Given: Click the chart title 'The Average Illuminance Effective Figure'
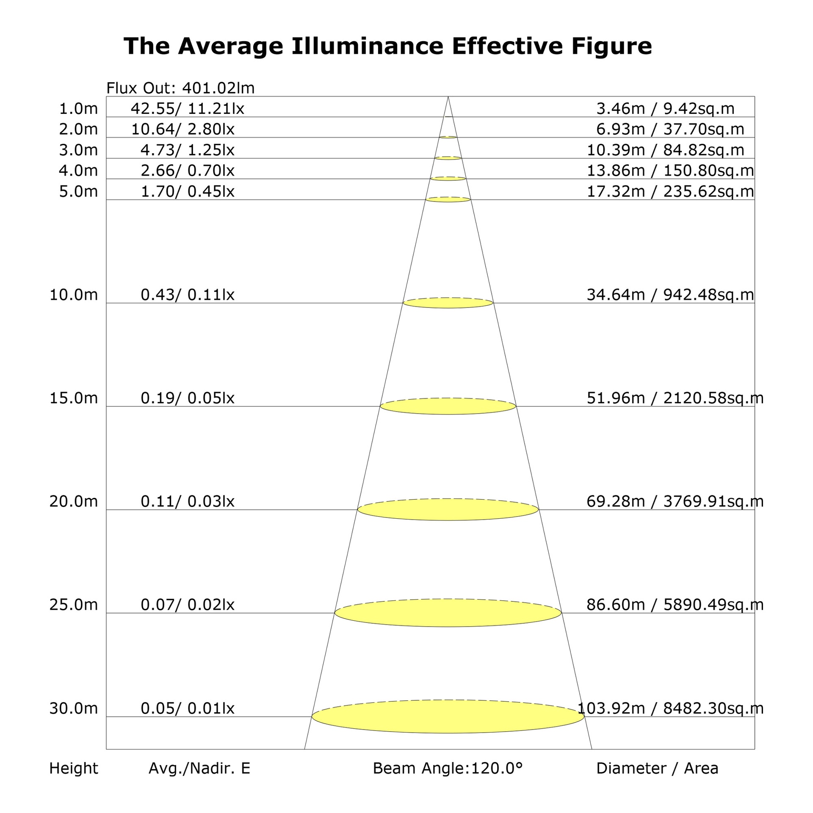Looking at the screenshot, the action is (387, 46).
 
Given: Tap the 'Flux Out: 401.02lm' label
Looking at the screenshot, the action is (180, 88).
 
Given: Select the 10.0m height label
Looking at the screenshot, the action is (74, 295).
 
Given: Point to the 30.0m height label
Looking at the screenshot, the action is (74, 708).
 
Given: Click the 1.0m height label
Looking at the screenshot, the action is (78, 109).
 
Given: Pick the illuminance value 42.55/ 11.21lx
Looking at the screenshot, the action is (188, 109).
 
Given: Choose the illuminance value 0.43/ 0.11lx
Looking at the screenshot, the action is (188, 295).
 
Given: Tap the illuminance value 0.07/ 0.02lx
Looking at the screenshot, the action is (188, 605).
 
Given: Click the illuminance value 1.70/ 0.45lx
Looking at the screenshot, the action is (188, 191).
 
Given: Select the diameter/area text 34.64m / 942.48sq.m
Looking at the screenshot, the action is (670, 295).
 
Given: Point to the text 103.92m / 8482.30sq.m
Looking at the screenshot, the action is (671, 708).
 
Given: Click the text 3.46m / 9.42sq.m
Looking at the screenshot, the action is (665, 109).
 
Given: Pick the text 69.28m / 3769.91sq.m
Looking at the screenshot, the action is (675, 501).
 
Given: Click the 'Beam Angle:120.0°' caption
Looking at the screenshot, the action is (448, 768).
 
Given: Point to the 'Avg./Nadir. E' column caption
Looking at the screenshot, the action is (199, 768).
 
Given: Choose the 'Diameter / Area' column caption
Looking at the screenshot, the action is (657, 768).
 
